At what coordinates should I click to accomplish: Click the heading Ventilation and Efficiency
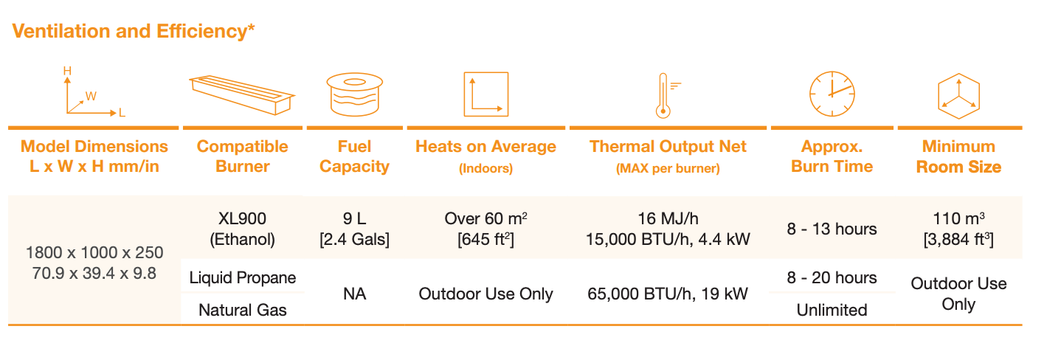coord(133,31)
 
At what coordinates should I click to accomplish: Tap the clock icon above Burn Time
coord(832,94)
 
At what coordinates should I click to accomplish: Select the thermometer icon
coord(667,95)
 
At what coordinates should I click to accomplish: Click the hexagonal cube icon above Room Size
coord(958,96)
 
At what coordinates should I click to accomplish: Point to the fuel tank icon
coord(355,94)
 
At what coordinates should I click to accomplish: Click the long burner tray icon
coord(242,94)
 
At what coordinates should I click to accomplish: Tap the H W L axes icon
coord(94,92)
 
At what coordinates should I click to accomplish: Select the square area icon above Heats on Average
coord(486,94)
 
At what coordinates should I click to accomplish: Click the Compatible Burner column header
coord(243,156)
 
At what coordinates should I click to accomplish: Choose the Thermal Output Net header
coord(668,147)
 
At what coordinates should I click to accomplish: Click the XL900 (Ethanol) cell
coord(243,229)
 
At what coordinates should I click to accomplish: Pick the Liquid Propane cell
coord(243,277)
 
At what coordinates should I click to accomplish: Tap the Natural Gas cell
coord(243,310)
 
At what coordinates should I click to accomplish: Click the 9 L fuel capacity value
coord(355,218)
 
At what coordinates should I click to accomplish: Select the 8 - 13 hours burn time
coord(832,229)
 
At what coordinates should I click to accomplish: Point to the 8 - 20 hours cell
coord(832,277)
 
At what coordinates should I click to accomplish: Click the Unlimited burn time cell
coord(832,310)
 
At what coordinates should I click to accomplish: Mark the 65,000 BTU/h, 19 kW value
coord(668,294)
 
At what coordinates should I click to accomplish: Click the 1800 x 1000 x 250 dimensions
coord(94,252)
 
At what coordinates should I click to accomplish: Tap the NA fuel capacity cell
coord(355,294)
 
